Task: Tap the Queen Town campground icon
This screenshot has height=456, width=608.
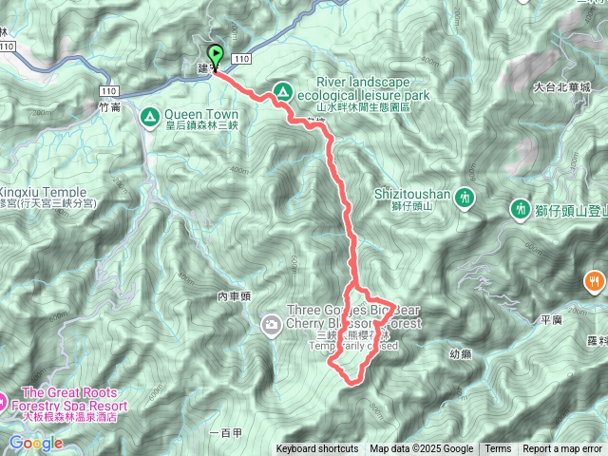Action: [149, 117]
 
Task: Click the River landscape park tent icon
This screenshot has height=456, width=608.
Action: [282, 92]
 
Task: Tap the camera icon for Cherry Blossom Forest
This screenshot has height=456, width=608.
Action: [272, 326]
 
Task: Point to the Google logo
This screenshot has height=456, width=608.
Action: [35, 443]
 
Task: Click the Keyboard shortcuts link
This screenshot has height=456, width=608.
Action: [317, 449]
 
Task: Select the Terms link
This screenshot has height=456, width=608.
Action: [498, 449]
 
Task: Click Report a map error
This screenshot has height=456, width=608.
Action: [562, 449]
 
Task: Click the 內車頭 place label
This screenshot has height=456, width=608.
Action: [234, 296]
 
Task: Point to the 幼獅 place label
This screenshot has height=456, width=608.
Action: [460, 353]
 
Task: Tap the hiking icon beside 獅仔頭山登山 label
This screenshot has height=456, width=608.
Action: [520, 207]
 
